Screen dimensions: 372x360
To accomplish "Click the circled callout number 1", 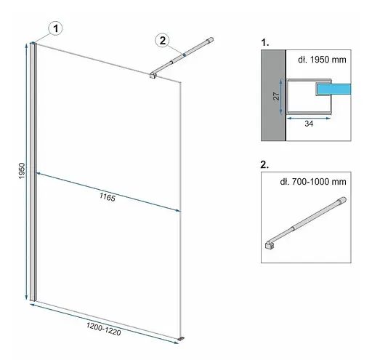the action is pyautogui.click(x=56, y=28).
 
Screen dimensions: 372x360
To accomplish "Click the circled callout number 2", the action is pyautogui.click(x=163, y=40).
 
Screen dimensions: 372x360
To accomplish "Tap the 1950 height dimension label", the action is pyautogui.click(x=22, y=171).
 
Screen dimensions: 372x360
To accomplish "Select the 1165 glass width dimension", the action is pyautogui.click(x=108, y=197).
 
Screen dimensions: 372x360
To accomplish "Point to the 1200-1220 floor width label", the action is pyautogui.click(x=103, y=329).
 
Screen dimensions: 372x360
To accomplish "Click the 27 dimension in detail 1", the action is pyautogui.click(x=276, y=96).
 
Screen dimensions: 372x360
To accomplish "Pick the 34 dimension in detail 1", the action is pyautogui.click(x=309, y=124).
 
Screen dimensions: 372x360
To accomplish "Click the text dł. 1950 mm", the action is pyautogui.click(x=322, y=60).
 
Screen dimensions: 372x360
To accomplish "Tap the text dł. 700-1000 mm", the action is pyautogui.click(x=313, y=182).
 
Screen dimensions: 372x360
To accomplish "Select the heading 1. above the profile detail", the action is pyautogui.click(x=265, y=43).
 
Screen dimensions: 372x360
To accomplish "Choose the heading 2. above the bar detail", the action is pyautogui.click(x=264, y=165).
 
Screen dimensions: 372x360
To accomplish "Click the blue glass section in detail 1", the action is pyautogui.click(x=334, y=89).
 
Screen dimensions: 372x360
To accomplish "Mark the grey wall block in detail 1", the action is pyautogui.click(x=273, y=95).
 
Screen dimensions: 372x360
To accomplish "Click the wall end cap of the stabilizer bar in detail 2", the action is pyautogui.click(x=342, y=200).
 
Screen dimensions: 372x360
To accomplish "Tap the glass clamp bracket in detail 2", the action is pyautogui.click(x=270, y=245).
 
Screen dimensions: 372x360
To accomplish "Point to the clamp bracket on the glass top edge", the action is pyautogui.click(x=153, y=75).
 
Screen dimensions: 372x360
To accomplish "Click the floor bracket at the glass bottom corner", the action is pyautogui.click(x=181, y=338).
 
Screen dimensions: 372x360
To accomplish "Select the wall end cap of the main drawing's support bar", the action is pyautogui.click(x=210, y=40).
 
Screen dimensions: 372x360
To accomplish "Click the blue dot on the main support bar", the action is pyautogui.click(x=185, y=55).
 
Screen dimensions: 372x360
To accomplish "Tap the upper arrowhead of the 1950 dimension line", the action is pyautogui.click(x=27, y=46).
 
